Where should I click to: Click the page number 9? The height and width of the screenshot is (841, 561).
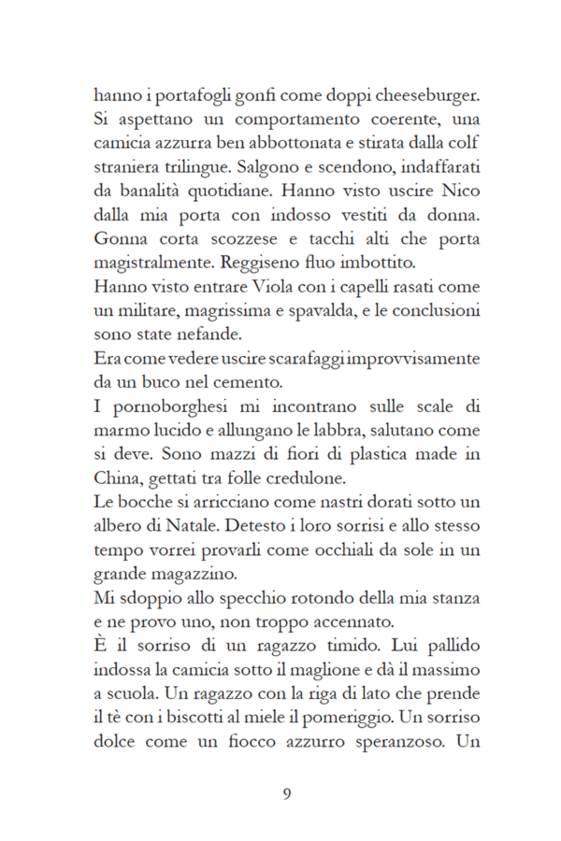(287, 794)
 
